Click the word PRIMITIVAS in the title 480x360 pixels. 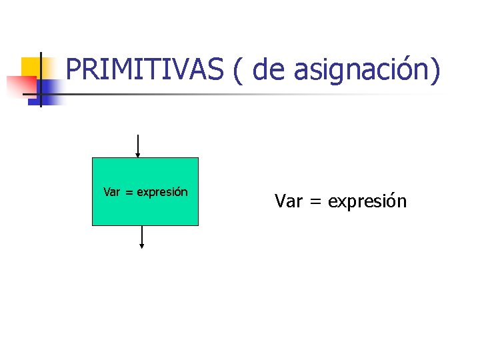pyautogui.click(x=145, y=70)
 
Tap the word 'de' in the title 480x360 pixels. pyautogui.click(x=269, y=70)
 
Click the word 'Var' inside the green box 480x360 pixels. pyautogui.click(x=112, y=192)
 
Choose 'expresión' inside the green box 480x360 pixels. pyautogui.click(x=163, y=193)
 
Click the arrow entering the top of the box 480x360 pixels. pyautogui.click(x=137, y=144)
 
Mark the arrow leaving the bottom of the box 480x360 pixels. pyautogui.click(x=142, y=236)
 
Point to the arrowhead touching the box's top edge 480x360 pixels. pyautogui.click(x=137, y=155)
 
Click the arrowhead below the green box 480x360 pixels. pyautogui.click(x=142, y=246)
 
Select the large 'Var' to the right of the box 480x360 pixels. pyautogui.click(x=288, y=201)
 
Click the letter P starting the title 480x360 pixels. pyautogui.click(x=73, y=70)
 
